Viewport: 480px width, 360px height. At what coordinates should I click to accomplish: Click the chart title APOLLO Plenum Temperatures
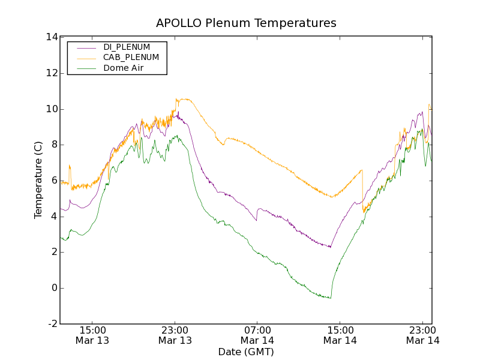tap(246, 23)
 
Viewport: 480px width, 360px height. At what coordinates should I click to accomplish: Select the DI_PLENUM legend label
tap(127, 47)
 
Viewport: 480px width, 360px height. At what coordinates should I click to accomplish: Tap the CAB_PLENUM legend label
tap(131, 57)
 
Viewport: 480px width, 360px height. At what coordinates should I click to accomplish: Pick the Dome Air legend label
tap(124, 68)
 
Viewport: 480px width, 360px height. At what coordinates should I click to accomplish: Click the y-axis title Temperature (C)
tap(38, 180)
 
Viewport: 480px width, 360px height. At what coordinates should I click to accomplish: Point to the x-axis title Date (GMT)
tap(246, 352)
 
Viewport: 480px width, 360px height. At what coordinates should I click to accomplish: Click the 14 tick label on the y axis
tap(51, 37)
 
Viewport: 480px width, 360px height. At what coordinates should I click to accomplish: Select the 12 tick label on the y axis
tap(51, 73)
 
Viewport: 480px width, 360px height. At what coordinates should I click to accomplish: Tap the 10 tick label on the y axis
tap(51, 109)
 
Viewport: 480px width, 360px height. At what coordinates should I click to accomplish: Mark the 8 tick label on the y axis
tap(54, 145)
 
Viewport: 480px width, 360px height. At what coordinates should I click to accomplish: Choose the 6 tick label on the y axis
tap(54, 181)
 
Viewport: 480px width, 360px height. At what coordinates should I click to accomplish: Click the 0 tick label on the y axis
tap(54, 288)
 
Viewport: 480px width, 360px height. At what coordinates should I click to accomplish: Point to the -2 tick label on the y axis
tap(52, 324)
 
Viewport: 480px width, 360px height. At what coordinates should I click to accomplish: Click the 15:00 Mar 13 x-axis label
tap(92, 335)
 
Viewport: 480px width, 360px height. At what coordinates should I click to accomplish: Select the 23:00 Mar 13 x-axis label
tap(175, 335)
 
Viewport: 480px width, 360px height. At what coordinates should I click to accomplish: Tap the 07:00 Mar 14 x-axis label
tap(257, 335)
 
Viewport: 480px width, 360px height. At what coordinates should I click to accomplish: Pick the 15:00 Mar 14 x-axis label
tap(340, 335)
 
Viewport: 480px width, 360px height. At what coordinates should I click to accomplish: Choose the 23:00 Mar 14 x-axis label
tap(423, 335)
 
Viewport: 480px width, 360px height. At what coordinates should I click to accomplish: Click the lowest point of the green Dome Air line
tap(330, 298)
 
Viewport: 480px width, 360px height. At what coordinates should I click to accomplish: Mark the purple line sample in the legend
tap(85, 47)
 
